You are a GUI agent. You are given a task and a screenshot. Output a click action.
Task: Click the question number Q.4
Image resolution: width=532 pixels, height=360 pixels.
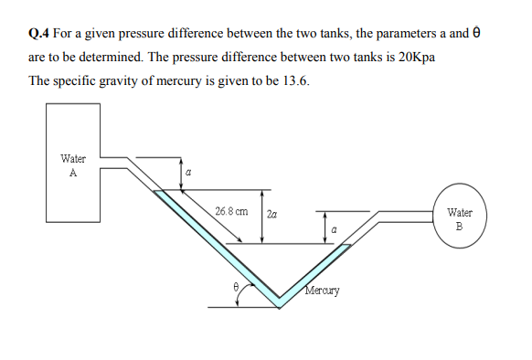(x=39, y=33)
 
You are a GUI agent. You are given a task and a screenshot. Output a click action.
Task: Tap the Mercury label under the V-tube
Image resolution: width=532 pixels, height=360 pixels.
(x=323, y=291)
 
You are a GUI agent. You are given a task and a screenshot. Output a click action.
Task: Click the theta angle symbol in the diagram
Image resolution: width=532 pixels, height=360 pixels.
(x=236, y=286)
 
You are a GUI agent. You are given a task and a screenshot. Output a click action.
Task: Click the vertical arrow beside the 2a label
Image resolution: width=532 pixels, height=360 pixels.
(x=262, y=217)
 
